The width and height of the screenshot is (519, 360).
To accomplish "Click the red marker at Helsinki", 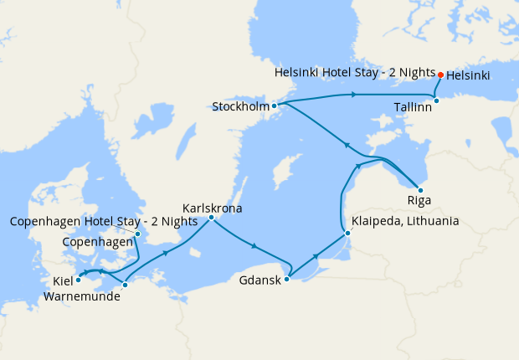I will [441, 75].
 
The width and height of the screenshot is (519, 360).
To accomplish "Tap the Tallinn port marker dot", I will [436, 100].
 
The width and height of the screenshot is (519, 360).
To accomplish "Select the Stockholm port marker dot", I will [274, 105].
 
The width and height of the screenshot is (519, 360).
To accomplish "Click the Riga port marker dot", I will [419, 190].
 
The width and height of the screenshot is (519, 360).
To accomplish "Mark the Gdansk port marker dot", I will [286, 279].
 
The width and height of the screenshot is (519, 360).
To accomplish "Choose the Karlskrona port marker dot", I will [211, 218].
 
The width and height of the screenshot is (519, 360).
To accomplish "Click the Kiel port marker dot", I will [79, 280].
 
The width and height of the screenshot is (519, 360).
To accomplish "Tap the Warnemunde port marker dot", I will [125, 285].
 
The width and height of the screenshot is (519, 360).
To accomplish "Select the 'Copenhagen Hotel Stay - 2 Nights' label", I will [104, 222].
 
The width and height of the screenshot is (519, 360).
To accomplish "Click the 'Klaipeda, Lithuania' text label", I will [406, 222].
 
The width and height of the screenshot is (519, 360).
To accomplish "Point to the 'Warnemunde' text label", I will [88, 296].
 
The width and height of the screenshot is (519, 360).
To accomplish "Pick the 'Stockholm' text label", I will [240, 106].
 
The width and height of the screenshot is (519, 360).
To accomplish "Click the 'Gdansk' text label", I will [260, 281].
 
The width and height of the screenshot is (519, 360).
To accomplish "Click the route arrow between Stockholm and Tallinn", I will [354, 95].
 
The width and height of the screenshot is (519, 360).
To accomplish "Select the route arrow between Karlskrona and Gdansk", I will [253, 245].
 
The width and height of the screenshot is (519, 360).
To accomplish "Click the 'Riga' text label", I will [419, 202].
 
